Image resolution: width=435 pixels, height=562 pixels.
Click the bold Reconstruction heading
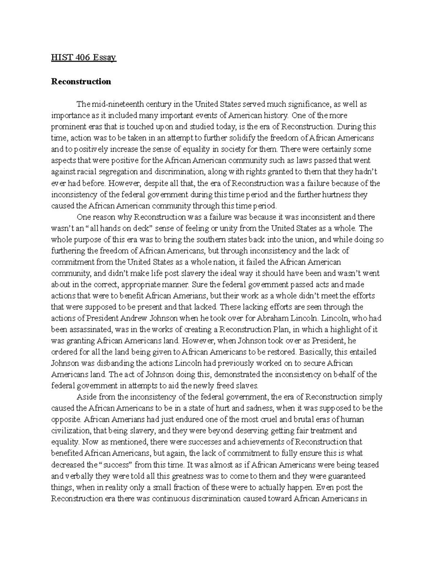pyautogui.click(x=81, y=81)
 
